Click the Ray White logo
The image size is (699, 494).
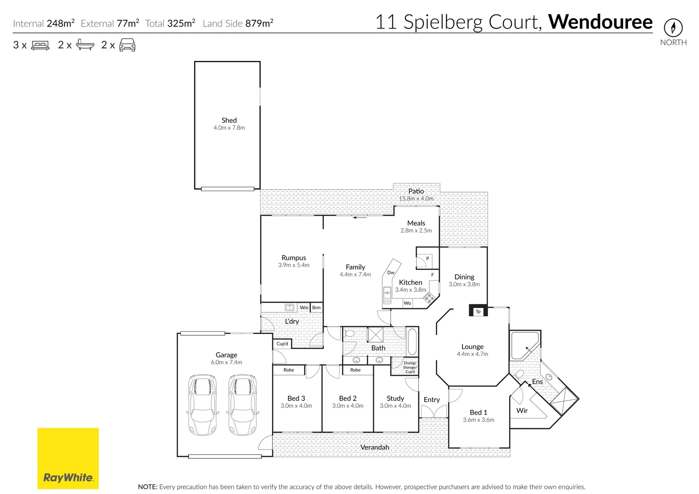coord(68,458)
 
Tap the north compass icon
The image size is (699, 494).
coord(673,28)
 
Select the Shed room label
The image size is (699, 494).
coord(229,120)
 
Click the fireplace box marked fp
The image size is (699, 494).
coord(478,311)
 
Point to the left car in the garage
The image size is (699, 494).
coord(202,405)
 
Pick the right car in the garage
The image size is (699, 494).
coord(243,405)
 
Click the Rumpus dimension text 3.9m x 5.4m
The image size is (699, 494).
coord(293,265)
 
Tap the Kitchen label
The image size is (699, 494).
coord(411,282)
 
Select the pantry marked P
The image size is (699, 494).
coord(427,259)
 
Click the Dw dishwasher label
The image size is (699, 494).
coord(390,273)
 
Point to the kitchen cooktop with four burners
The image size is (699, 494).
coord(429,299)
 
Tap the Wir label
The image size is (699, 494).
coord(522,410)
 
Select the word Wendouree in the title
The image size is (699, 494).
coord(600,22)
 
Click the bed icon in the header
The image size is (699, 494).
coord(40,45)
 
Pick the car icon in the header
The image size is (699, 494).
coord(127,45)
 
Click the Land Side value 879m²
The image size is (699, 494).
coord(259,23)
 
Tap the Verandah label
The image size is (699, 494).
coord(374,447)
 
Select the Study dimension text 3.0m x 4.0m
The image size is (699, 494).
coord(395,406)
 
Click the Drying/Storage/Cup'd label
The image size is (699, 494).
coord(410,367)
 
